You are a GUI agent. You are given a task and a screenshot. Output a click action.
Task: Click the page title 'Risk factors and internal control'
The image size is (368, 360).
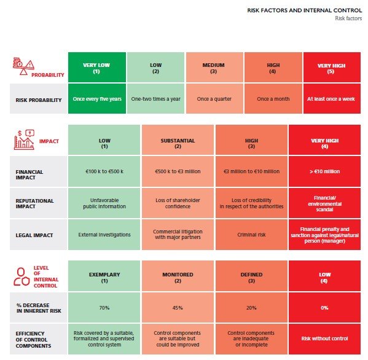tap(304, 10)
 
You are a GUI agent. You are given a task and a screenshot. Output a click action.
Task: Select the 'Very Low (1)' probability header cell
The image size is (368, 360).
tap(97, 68)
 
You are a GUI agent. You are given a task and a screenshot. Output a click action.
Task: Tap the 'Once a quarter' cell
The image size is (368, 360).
tap(214, 99)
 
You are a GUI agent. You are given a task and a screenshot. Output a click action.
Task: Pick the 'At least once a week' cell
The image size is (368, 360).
tap(332, 99)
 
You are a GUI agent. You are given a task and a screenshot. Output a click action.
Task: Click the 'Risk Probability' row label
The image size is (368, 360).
tap(39, 100)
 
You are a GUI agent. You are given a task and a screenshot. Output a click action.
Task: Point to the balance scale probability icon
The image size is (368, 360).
tap(23, 66)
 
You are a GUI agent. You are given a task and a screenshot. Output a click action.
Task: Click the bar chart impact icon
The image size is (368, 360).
tap(24, 139)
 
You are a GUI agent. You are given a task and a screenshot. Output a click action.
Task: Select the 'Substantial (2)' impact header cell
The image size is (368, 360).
tap(178, 140)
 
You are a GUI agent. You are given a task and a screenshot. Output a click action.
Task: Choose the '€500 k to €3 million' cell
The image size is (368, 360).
tap(178, 171)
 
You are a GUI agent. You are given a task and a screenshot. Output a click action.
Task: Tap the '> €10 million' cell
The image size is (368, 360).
tap(324, 171)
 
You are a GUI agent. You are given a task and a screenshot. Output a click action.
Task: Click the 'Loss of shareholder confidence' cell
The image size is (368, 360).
tap(178, 203)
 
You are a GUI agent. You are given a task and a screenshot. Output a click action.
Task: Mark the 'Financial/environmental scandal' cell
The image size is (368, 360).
tap(324, 203)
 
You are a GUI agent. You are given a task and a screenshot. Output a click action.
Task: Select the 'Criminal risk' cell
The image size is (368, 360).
tap(251, 235)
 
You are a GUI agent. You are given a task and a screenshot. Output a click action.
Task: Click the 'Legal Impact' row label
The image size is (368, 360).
tap(34, 235)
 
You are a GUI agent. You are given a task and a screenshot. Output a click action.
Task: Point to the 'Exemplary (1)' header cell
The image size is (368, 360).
tap(104, 276)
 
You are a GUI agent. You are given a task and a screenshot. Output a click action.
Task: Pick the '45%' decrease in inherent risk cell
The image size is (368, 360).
tap(178, 307)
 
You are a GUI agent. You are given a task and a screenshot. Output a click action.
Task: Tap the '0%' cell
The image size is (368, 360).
tap(324, 307)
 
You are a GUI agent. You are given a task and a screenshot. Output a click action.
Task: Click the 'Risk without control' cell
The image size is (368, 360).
tap(324, 339)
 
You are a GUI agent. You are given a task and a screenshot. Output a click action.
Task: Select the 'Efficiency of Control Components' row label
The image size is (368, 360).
tap(33, 340)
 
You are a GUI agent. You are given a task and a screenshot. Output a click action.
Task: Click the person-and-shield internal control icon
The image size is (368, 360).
tap(22, 276)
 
